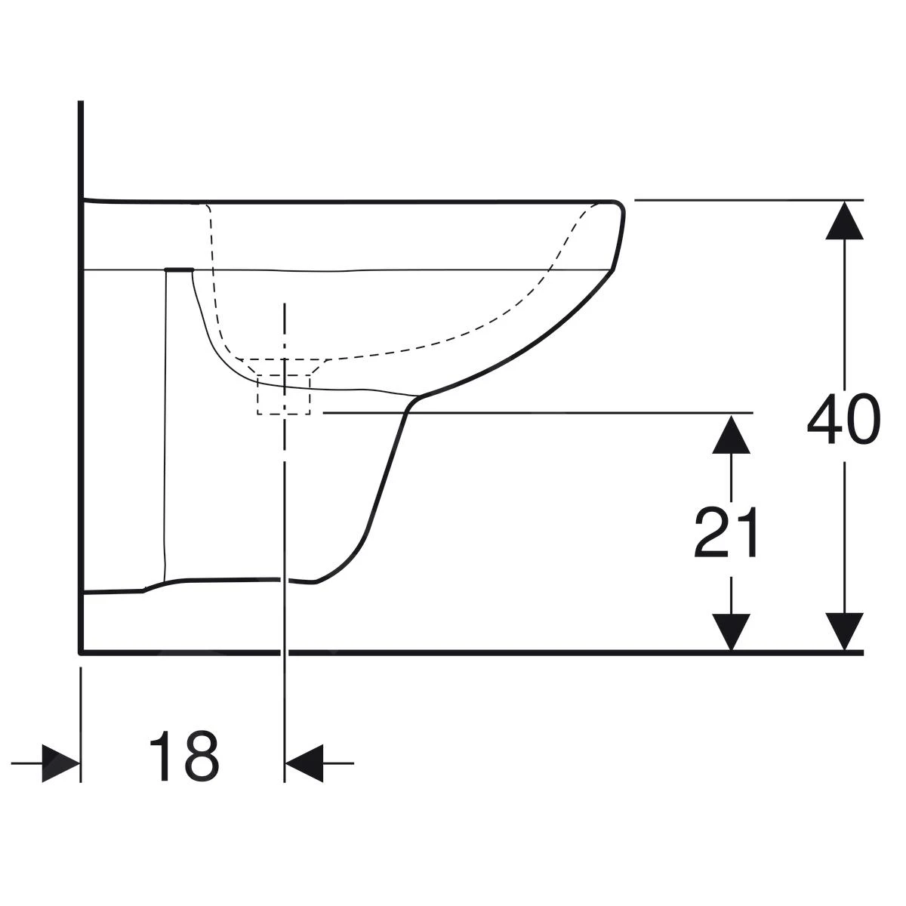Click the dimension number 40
[x=843, y=419]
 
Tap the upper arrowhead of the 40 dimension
[x=844, y=220]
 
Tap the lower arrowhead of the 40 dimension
[x=844, y=632]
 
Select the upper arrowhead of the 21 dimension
[x=731, y=435]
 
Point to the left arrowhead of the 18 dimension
[x=61, y=763]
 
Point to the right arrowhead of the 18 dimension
[x=304, y=763]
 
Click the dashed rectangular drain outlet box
[x=283, y=394]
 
